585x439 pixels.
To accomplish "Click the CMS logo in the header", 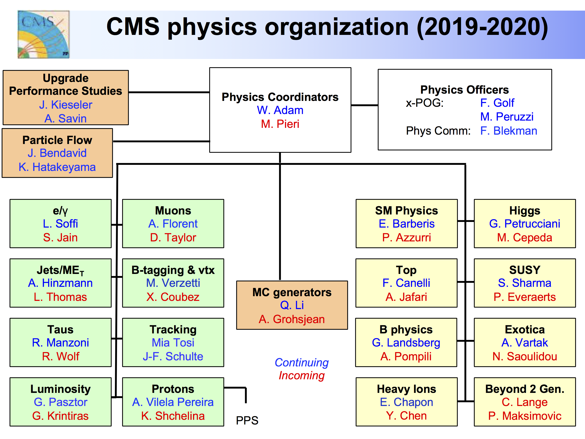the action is coord(44,34).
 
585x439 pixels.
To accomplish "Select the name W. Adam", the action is coord(280,110).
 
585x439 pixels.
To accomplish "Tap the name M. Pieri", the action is coord(280,124).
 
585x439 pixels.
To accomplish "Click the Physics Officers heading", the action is coord(464,90).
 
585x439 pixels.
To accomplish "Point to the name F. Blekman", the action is coord(508,131).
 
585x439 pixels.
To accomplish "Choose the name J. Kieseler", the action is coord(66,105).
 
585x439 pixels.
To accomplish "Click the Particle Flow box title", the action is coord(57,140).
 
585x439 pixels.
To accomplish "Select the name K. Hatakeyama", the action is coord(57,167).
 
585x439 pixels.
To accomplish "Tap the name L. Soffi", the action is coord(60,224).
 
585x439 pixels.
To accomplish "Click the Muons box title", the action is coord(173,211).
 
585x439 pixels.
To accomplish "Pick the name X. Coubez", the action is coord(173,297).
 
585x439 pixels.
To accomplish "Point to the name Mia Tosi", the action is coord(173,343).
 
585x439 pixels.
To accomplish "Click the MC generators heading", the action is coord(292,292).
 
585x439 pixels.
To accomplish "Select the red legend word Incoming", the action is coord(301,376).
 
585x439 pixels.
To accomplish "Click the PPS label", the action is coord(247,421).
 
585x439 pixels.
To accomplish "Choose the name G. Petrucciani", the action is coord(525,224).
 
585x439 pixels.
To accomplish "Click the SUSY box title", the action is coord(525,270).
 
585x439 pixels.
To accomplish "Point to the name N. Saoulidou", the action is coord(525,356).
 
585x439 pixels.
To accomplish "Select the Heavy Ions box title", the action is coord(406,389).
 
